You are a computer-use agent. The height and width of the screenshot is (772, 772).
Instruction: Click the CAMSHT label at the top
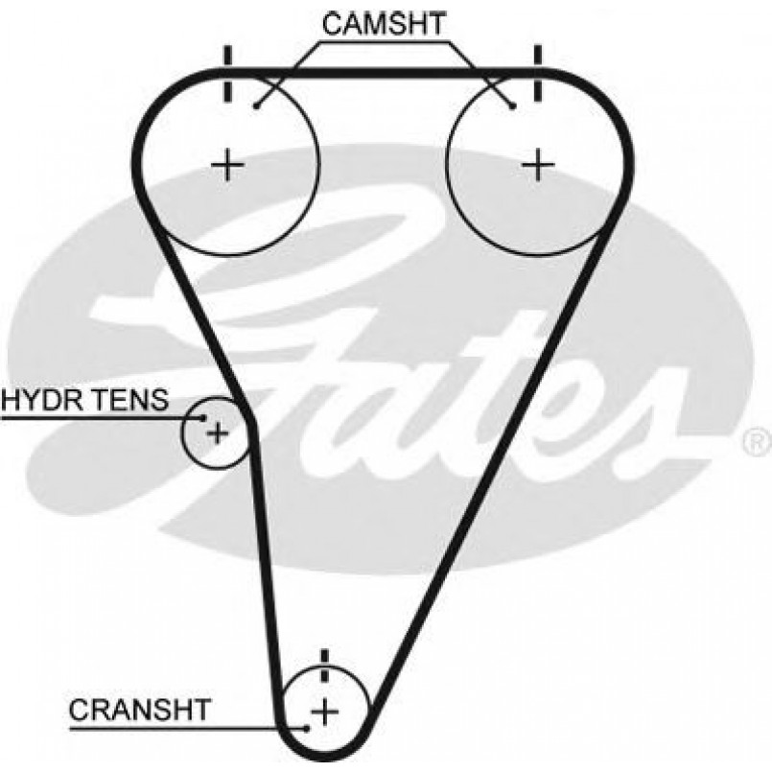pyautogui.click(x=384, y=25)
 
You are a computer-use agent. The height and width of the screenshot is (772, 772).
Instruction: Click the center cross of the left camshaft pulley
pyautogui.click(x=228, y=166)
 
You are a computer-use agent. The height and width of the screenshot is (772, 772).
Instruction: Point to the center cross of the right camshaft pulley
pyautogui.click(x=538, y=165)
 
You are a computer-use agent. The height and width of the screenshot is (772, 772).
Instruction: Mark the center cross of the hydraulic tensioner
pyautogui.click(x=218, y=433)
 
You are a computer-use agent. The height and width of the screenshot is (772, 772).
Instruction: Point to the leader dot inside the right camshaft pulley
pyautogui.click(x=513, y=106)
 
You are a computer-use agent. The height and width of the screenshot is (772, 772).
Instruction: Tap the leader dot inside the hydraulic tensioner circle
pyautogui.click(x=202, y=417)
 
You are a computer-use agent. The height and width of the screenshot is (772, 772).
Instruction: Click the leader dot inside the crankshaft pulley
pyautogui.click(x=307, y=728)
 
